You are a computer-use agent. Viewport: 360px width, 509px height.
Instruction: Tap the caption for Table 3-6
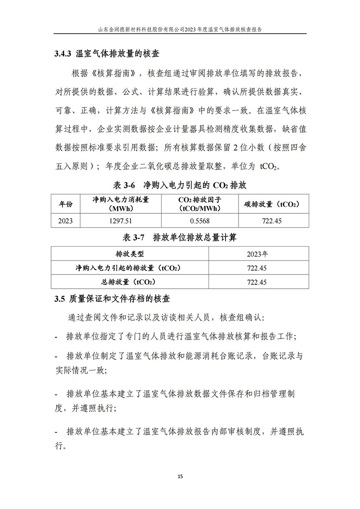[x=180, y=185]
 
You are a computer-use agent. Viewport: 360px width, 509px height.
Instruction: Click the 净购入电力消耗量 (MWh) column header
[x=121, y=203]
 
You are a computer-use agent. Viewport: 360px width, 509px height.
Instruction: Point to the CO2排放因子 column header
[x=200, y=203]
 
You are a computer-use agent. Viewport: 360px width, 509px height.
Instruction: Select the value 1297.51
[x=121, y=221]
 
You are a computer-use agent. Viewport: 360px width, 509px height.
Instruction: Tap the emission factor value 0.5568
[x=200, y=221]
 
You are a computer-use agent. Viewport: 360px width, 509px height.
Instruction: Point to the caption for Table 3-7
[x=180, y=238]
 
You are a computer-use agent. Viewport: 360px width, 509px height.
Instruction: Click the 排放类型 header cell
[x=130, y=254]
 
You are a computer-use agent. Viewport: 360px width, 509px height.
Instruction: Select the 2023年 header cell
[x=257, y=254]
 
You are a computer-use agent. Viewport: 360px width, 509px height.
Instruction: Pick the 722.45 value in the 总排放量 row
[x=257, y=282]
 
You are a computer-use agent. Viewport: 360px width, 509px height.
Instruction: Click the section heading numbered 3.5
[x=112, y=299]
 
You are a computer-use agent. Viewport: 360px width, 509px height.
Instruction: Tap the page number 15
[x=180, y=476]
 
